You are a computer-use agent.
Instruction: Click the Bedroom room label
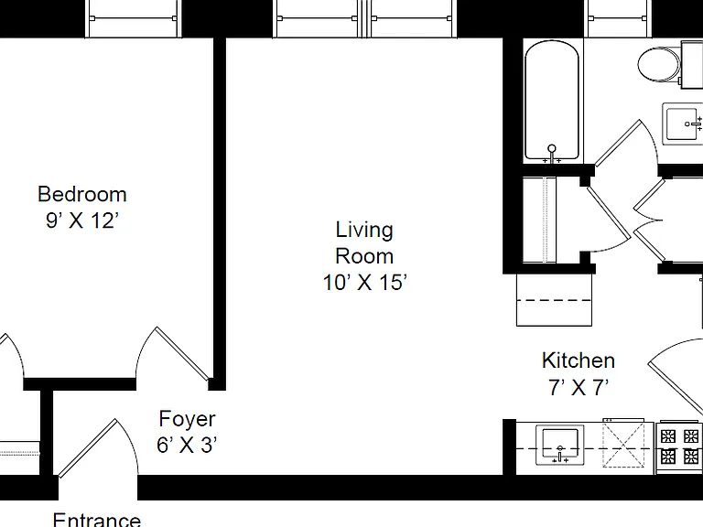[82, 195]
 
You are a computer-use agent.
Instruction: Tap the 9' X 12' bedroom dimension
[82, 220]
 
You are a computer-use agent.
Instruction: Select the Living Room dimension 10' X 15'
[364, 283]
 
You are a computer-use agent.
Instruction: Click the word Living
[364, 230]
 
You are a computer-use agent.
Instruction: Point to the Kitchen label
[578, 360]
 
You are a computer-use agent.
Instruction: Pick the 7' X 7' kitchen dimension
[579, 387]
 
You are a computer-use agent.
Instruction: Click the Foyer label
[187, 419]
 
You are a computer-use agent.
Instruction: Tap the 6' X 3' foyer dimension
[187, 445]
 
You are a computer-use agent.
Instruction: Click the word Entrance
[97, 520]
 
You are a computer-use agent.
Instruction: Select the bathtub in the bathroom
[552, 101]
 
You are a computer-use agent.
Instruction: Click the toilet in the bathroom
[664, 64]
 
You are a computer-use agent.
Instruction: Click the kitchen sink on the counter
[560, 445]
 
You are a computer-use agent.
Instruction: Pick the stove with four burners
[679, 446]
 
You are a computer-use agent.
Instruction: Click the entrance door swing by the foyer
[98, 447]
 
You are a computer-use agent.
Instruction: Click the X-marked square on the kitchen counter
[623, 445]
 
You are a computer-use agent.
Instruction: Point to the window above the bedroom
[133, 19]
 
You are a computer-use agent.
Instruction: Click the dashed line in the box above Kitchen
[554, 300]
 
